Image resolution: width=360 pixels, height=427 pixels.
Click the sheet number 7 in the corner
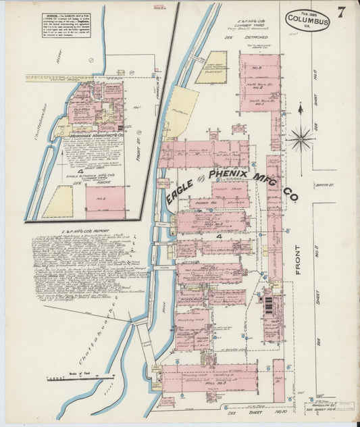click(342, 11)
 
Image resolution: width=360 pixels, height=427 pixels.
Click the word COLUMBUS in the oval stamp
click(307, 21)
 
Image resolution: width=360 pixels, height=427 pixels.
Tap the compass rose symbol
click(300, 139)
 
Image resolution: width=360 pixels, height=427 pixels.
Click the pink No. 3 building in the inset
click(105, 202)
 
